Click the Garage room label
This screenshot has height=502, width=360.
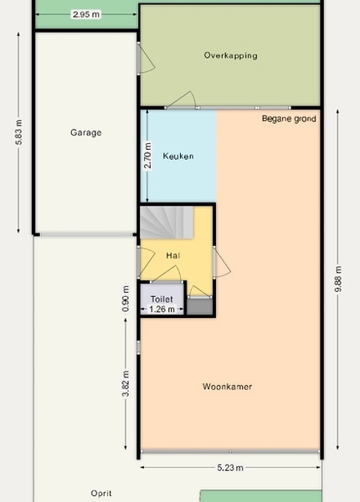tap(86, 132)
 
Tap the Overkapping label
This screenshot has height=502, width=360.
tap(230, 55)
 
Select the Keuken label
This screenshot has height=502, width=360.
tap(178, 156)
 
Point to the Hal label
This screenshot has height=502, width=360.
tap(173, 255)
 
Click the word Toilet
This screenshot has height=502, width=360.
tap(162, 300)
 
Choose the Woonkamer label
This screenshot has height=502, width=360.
tap(227, 387)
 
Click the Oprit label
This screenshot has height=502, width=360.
tap(101, 494)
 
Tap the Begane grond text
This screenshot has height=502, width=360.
tap(289, 119)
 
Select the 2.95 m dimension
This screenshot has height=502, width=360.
tap(86, 14)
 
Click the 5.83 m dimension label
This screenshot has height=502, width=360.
tap(19, 132)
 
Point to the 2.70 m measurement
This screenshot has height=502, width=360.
tap(147, 156)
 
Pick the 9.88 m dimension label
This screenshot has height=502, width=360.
tap(338, 279)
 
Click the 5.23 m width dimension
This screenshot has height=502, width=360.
tap(230, 468)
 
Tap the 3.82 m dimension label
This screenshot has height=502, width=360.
tap(126, 383)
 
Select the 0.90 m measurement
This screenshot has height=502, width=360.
tap(126, 299)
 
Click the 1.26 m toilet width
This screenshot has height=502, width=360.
tap(162, 310)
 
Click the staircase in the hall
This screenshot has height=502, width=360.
tap(167, 223)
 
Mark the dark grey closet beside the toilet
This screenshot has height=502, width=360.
tap(199, 306)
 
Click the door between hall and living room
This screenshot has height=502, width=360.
tap(222, 262)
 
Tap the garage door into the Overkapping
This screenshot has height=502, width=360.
tap(146, 58)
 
